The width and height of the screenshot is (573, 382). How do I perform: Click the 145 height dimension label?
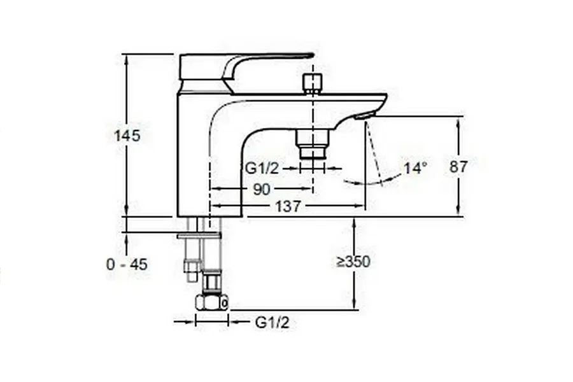click(127, 136)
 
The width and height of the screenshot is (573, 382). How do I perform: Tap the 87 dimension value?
click(458, 167)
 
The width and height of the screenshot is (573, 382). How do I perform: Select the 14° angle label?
click(416, 168)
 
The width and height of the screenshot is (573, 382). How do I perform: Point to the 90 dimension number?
click(262, 189)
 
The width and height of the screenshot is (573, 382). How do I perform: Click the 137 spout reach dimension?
click(288, 206)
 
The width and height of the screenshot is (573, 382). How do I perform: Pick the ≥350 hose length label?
click(353, 262)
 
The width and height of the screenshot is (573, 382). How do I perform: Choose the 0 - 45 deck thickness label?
click(127, 264)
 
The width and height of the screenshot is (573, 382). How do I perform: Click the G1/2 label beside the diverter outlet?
click(261, 168)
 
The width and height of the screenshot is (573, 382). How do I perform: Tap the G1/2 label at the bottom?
click(272, 322)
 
